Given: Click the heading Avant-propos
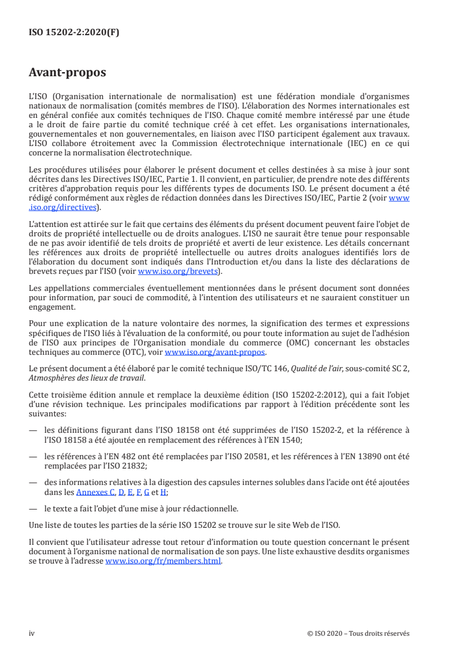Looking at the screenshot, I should (67, 73).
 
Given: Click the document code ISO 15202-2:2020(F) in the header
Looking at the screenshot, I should (74, 33).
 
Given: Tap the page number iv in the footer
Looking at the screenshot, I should (32, 633).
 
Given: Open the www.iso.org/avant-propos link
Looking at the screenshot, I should (215, 352).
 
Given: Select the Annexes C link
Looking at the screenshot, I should (96, 492).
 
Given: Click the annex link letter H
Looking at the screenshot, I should (163, 492).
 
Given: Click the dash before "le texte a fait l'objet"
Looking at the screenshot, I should (33, 508).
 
